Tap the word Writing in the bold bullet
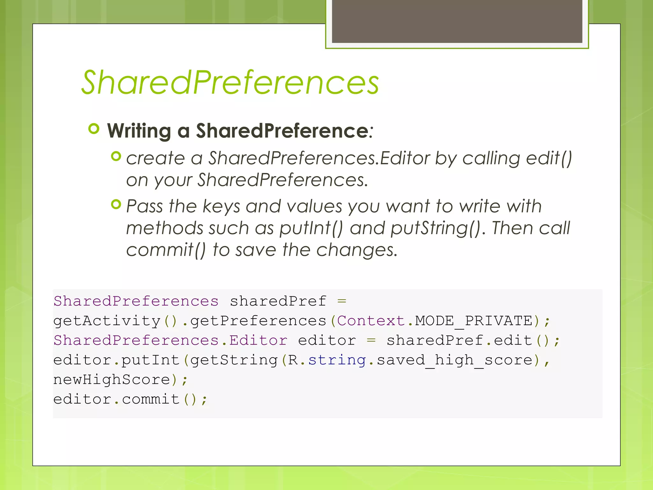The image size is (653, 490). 139,131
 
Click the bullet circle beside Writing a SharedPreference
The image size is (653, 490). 94,129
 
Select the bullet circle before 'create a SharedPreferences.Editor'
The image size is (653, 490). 116,156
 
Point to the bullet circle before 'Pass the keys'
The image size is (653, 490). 116,204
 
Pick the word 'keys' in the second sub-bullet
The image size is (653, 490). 221,206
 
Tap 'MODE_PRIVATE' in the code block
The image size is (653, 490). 473,321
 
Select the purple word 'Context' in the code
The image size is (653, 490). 371,321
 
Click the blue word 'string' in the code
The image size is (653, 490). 337,360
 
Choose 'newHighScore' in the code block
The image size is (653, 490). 112,380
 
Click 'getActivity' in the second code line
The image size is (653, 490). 107,321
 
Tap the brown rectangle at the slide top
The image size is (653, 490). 457,21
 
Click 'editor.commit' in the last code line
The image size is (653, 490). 116,399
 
